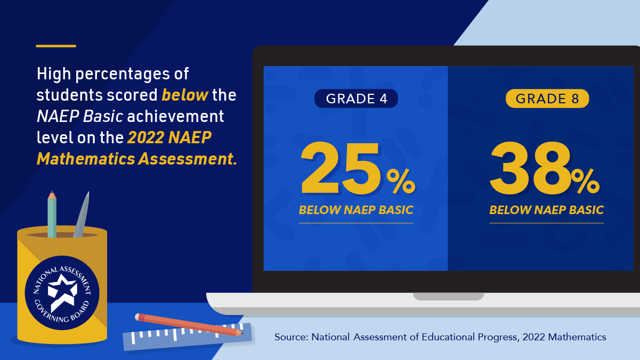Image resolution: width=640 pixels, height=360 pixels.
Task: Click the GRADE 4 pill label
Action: coord(356,99)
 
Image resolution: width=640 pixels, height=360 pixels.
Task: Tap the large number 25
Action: coord(342,169)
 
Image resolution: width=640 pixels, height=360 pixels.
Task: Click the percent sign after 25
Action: coord(401,182)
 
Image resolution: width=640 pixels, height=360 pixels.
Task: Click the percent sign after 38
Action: coord(586,182)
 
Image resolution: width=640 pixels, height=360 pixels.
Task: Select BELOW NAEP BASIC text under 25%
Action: coord(356,210)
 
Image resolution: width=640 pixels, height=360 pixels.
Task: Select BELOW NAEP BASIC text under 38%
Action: coord(546,210)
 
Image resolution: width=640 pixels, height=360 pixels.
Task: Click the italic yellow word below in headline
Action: coord(185,95)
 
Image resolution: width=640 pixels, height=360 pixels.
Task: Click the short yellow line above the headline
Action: coord(56,46)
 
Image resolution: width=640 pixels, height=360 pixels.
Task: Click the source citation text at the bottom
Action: coord(440,337)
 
